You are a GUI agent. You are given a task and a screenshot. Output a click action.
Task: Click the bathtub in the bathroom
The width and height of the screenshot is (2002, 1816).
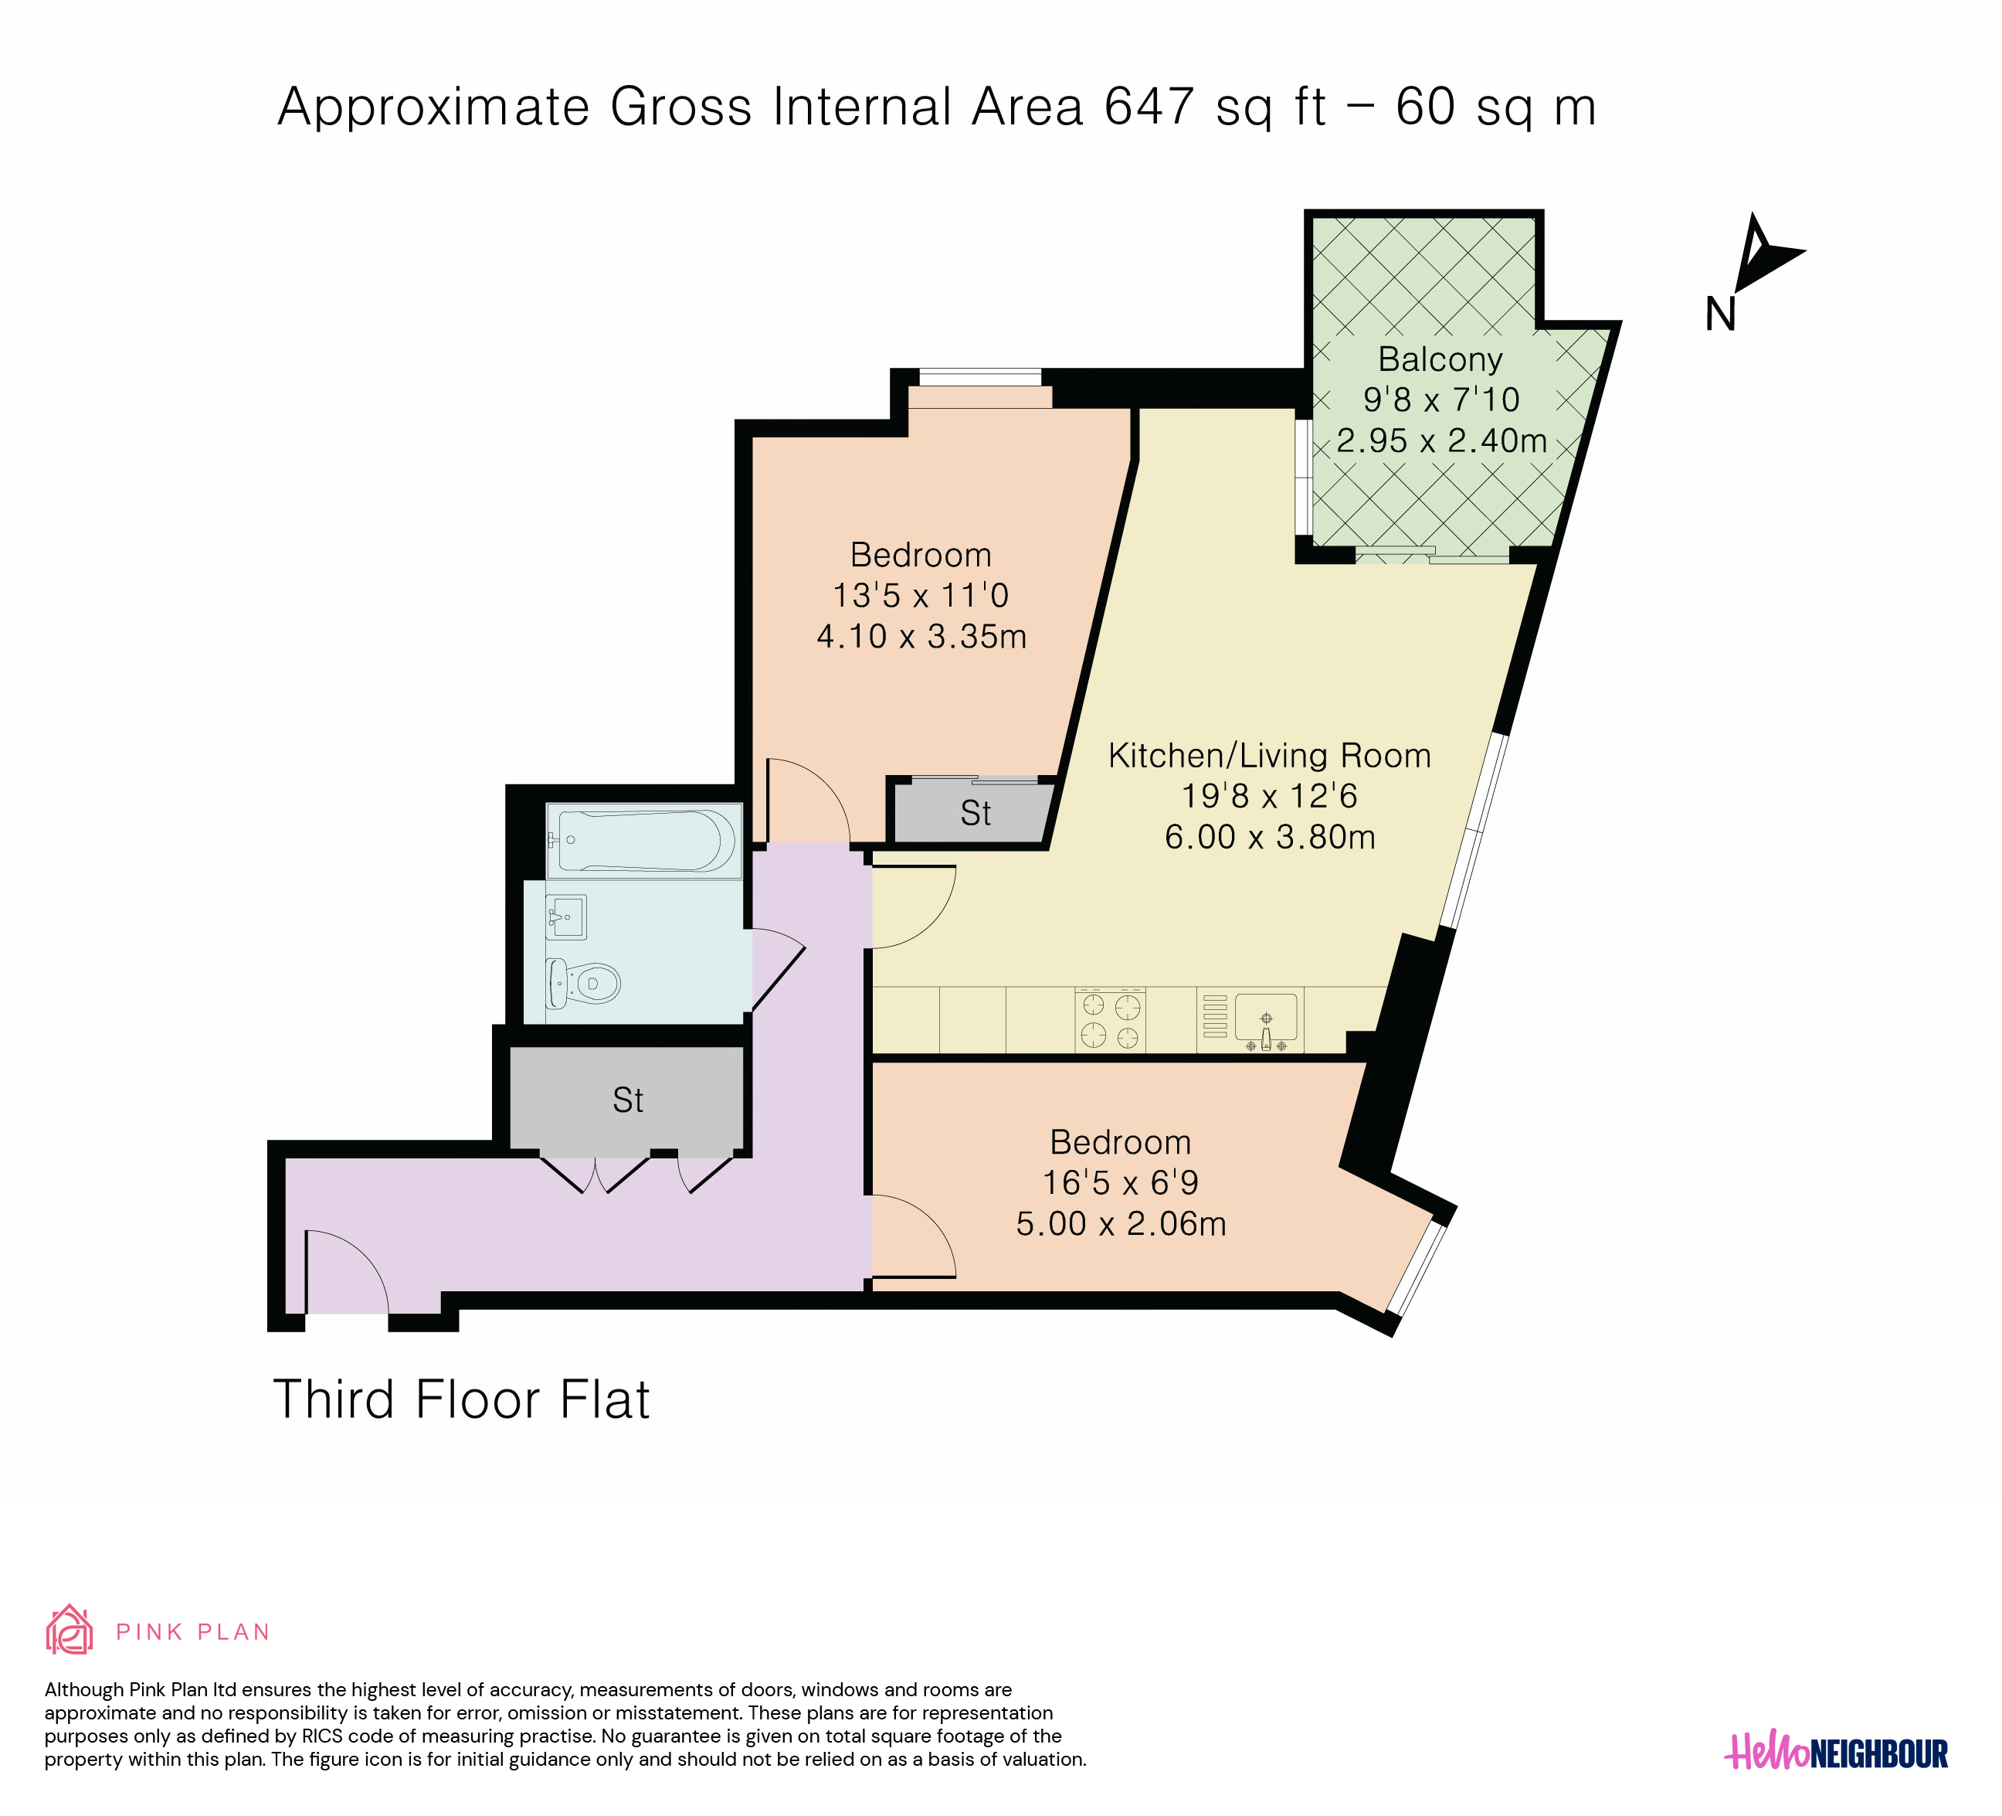643,842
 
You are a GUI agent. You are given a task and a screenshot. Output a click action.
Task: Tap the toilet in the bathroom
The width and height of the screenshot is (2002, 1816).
583,984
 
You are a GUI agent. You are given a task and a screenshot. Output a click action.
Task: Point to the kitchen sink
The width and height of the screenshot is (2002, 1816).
1266,1022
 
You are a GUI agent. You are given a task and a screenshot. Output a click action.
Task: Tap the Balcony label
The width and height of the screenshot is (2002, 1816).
1440,359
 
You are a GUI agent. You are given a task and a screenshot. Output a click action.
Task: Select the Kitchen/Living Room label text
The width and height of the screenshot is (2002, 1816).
1269,756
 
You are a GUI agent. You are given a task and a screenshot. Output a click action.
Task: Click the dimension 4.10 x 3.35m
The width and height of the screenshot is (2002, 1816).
921,636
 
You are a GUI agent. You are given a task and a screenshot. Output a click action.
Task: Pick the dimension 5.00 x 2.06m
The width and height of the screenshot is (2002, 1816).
1121,1223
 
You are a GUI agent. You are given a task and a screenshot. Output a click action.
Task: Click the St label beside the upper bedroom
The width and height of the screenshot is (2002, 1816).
976,814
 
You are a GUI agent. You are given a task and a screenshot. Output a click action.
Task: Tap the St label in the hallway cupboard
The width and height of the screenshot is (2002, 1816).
628,1100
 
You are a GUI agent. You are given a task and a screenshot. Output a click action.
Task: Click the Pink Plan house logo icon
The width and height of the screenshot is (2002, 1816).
70,1631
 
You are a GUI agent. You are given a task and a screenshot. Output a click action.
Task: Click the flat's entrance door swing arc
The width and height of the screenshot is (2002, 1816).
359,1252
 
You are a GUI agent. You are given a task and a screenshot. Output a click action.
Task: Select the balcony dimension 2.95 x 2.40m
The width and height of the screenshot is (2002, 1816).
1441,440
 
